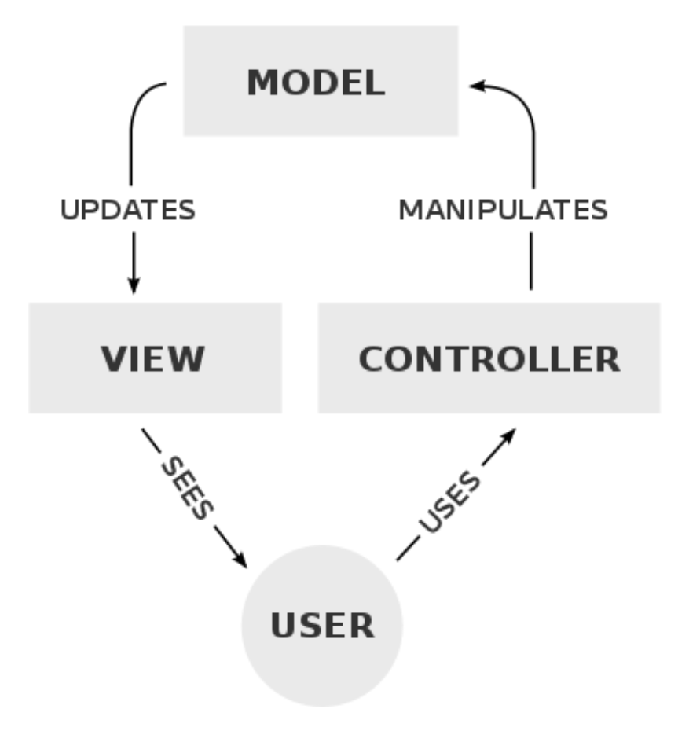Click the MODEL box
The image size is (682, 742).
point(321,81)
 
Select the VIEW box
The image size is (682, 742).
point(155,358)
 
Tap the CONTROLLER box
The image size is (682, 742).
point(488,358)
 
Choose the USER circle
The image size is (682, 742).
point(321,625)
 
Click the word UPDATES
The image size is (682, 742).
point(128,210)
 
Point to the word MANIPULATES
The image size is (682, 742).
point(503,210)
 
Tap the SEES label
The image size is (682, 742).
point(186,487)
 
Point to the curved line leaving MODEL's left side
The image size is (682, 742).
point(137,110)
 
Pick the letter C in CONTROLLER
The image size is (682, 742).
point(374,358)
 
